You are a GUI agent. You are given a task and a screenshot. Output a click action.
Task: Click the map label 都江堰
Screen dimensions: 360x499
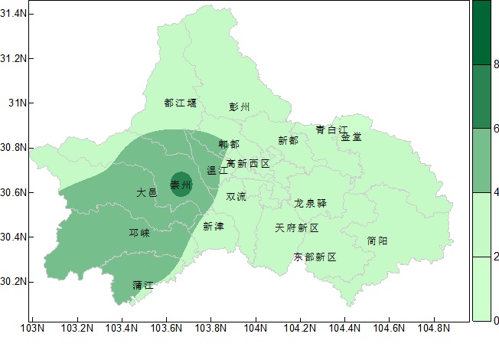181,103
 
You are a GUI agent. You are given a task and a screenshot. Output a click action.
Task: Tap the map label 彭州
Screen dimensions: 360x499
240,107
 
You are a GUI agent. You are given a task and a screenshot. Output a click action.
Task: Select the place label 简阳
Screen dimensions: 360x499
377,241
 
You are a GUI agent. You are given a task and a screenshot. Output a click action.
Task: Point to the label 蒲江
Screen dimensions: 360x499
143,285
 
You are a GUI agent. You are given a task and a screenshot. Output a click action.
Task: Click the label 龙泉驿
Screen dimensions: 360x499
311,204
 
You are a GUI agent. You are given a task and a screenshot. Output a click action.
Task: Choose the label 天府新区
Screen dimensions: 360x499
296,228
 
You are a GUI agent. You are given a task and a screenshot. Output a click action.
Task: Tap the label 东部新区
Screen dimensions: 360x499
315,257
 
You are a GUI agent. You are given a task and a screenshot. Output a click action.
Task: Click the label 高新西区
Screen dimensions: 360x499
248,164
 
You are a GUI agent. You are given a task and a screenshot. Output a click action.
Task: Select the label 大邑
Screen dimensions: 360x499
147,192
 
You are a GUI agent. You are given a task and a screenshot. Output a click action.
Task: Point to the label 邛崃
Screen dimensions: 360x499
139,233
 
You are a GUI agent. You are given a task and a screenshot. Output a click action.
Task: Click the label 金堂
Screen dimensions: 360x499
351,137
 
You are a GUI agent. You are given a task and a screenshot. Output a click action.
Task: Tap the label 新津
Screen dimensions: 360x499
214,226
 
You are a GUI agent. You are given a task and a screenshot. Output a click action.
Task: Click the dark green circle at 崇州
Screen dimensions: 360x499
181,185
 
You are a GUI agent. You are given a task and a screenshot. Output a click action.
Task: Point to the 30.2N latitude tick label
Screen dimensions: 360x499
14,281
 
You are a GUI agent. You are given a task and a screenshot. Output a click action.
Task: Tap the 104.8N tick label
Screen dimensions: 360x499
434,329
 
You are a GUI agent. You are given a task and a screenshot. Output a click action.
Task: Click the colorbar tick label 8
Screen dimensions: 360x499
496,65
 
